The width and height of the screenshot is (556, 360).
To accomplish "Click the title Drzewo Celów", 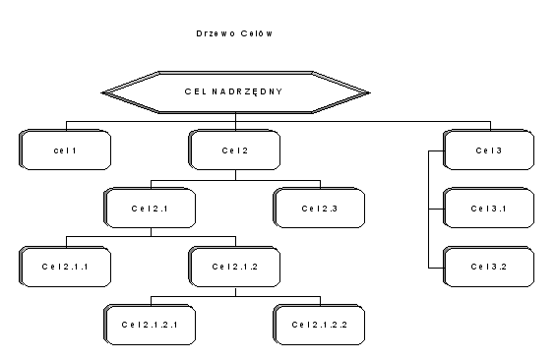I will coord(233,32).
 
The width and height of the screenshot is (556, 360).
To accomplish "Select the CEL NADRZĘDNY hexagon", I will coord(235,92).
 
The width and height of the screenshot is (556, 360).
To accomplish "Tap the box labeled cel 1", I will coord(64,150).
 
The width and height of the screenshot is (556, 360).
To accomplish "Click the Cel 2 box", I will coord(234,150).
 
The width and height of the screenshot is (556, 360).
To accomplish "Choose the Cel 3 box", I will coord(488,150).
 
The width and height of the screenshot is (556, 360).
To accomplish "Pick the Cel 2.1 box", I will coord(150,209).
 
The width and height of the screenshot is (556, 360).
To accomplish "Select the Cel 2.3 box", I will coord(319,209).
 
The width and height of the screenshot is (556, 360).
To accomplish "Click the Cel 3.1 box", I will coord(488,209).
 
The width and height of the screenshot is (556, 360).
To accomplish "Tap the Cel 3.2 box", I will coord(488,267).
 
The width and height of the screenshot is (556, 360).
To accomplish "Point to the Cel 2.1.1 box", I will coord(64,267).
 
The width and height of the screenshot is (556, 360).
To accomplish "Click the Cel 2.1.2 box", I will coord(234,267).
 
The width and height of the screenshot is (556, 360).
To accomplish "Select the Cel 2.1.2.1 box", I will coord(150,324).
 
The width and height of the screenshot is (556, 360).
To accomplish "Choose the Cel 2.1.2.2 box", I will coord(319,324).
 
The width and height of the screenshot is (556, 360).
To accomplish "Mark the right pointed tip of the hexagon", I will coord(368,92).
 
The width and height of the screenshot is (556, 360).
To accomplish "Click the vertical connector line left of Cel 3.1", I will coord(429,209).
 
